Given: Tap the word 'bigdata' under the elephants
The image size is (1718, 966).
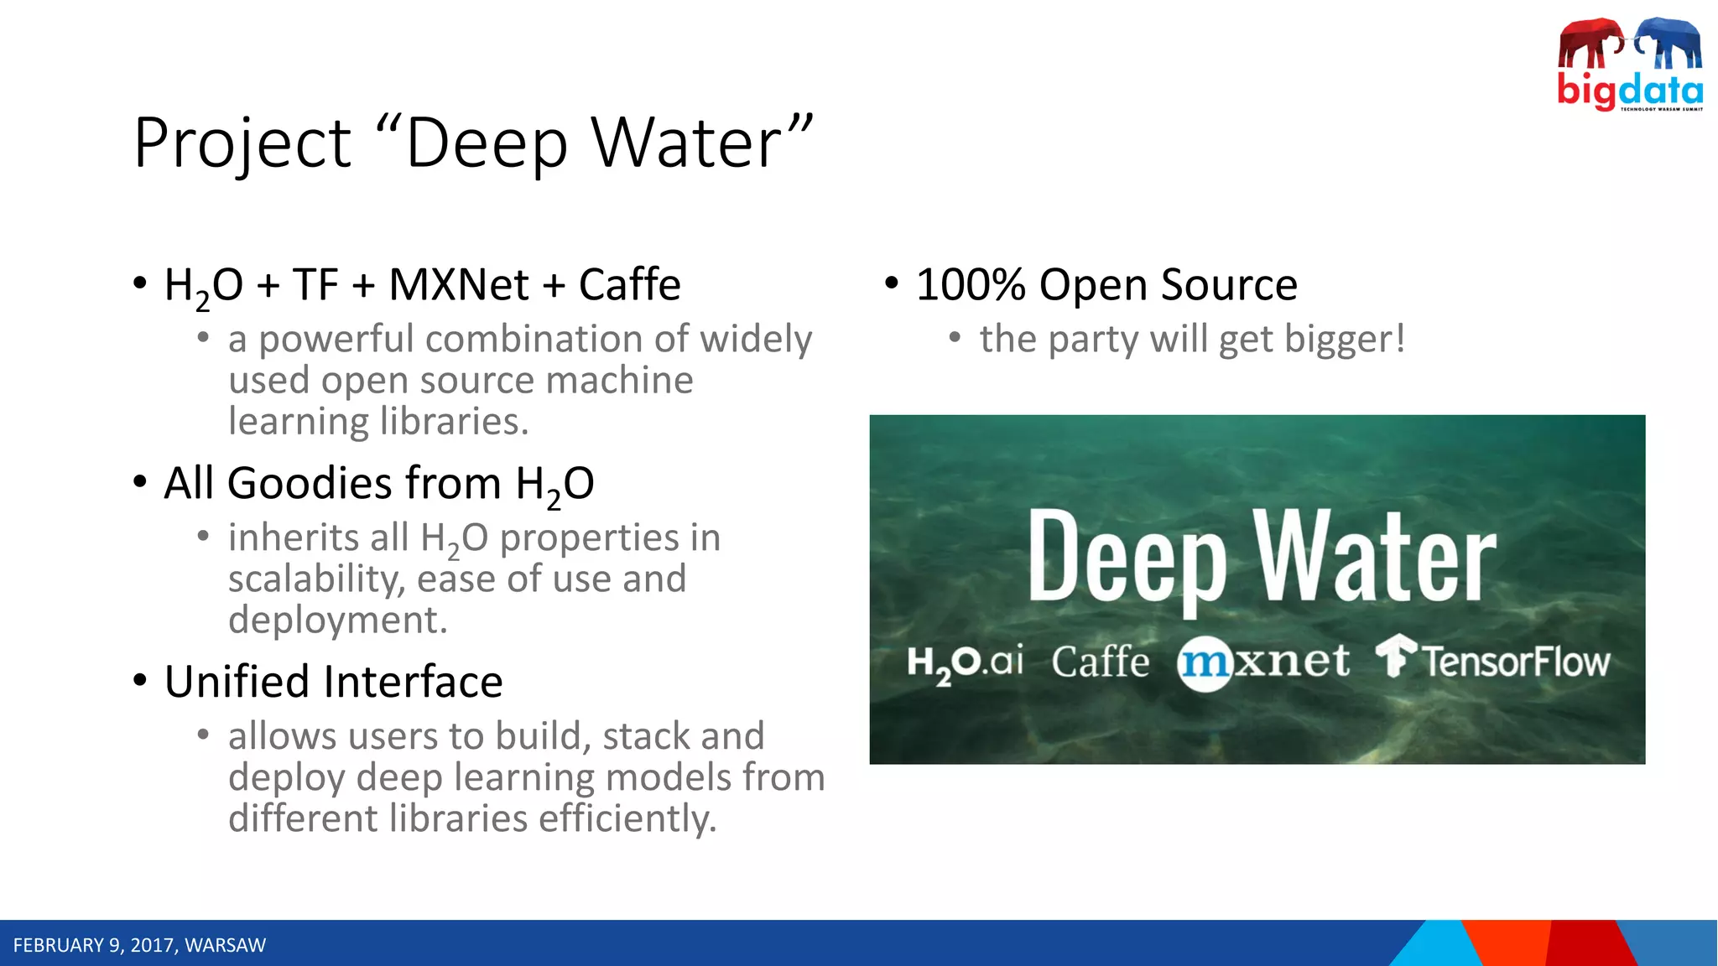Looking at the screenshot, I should click(1629, 89).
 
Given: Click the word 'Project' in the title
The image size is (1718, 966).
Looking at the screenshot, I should click(242, 143).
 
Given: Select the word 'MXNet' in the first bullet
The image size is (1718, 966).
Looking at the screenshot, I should click(459, 284).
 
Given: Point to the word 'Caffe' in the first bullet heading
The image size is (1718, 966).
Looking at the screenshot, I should click(629, 284).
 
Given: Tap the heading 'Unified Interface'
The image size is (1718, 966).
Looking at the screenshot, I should click(333, 681).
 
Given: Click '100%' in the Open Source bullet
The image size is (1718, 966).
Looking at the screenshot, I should click(970, 284).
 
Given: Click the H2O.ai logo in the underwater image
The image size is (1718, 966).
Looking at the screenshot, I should click(965, 662).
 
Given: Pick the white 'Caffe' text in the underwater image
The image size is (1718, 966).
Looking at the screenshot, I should click(1100, 662).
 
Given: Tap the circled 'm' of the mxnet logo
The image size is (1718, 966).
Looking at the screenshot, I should click(1204, 663).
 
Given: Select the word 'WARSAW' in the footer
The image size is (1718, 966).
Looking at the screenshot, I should click(225, 945).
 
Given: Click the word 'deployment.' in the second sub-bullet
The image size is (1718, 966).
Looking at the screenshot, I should click(337, 620).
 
